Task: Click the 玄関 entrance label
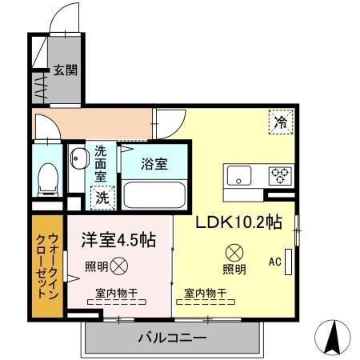pyautogui.click(x=66, y=70)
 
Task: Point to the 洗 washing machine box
pyautogui.click(x=103, y=196)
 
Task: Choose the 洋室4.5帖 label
pyautogui.click(x=118, y=240)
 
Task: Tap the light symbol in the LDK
pyautogui.click(x=234, y=251)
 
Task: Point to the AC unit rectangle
pyautogui.click(x=289, y=262)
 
